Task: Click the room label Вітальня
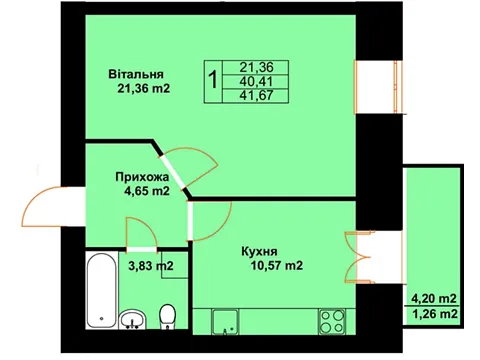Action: point(136,74)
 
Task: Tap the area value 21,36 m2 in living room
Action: point(144,89)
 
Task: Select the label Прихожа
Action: point(142,177)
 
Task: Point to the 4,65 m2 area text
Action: point(146,191)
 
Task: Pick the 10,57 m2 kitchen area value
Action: point(277,265)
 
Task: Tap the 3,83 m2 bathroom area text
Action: point(151,266)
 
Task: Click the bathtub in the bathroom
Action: point(102,290)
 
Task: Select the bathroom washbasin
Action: point(132,319)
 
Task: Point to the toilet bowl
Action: point(168,317)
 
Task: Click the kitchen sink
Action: point(225,321)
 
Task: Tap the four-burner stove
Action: point(332,321)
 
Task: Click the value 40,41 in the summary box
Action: point(256,81)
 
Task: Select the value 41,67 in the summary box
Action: point(256,96)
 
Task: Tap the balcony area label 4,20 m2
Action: point(434,299)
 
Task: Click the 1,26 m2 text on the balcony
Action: point(434,314)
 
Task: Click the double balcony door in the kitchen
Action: point(358,258)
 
